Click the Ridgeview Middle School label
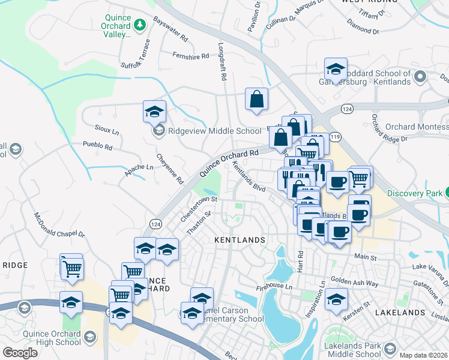pos(206,131)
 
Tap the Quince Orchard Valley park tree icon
pos(140,25)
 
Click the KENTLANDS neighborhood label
pos(240,240)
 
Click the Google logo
pos(20,353)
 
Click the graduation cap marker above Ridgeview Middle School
pos(154,111)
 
